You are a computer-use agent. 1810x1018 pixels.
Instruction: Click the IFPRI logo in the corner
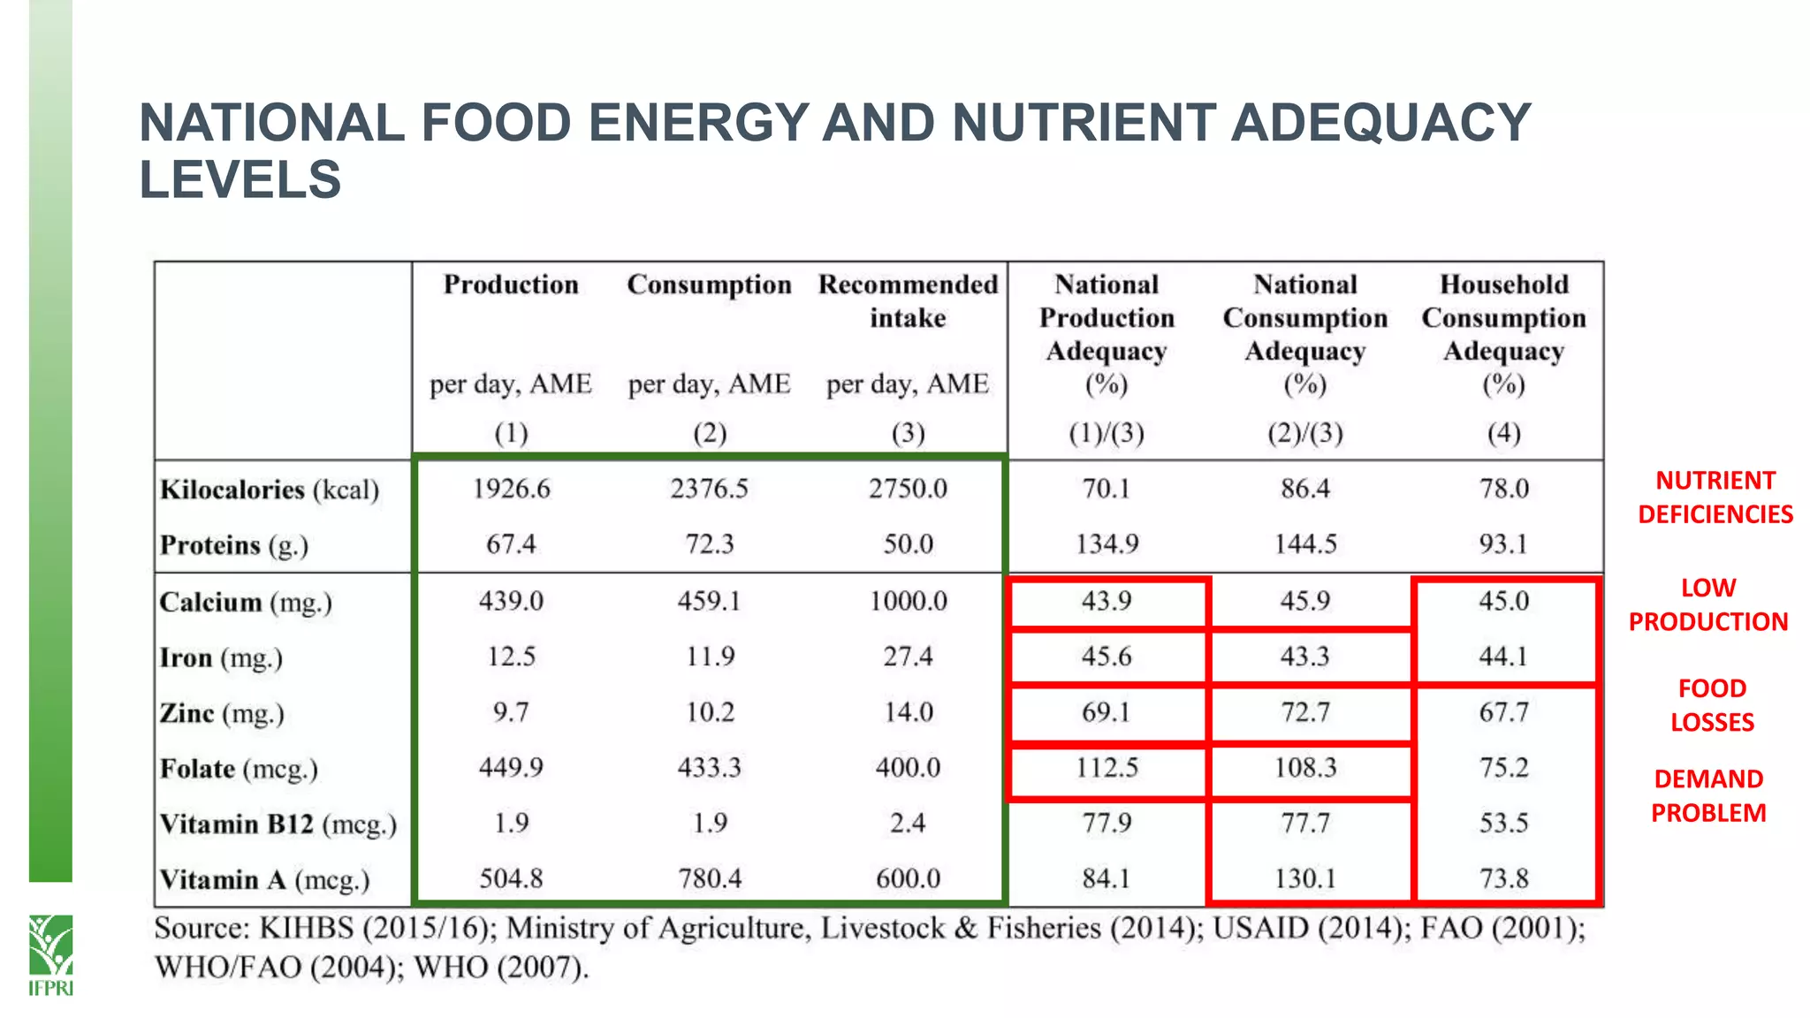50,954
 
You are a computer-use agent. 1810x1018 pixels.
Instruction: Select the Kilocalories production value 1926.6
511,489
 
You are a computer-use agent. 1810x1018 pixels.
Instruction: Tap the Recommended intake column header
908,300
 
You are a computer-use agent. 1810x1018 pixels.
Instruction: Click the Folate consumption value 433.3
709,767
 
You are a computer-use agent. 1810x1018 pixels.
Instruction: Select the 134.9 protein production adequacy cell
1107,543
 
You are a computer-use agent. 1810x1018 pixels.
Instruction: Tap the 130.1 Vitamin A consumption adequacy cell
1305,878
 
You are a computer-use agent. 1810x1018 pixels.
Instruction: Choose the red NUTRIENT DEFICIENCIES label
1715,498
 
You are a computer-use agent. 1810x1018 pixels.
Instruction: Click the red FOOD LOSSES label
1712,705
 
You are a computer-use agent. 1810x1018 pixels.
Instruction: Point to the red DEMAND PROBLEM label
1708,795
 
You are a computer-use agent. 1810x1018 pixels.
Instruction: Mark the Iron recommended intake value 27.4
908,657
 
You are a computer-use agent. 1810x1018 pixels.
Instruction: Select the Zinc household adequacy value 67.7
1503,712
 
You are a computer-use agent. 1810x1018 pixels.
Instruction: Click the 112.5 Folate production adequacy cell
1107,767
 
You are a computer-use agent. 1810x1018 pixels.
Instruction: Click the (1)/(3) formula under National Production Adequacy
1107,433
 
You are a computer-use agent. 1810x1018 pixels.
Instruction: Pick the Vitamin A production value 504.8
511,878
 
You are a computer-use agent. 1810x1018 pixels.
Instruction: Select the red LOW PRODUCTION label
1708,604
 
